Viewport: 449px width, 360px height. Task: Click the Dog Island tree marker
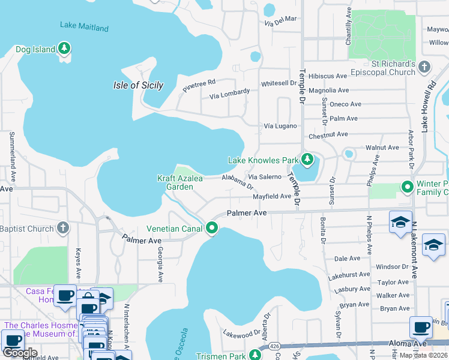[64, 49]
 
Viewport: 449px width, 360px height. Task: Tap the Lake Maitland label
[84, 27]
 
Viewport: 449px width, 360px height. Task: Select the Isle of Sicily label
[138, 85]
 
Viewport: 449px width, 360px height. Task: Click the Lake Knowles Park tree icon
[307, 160]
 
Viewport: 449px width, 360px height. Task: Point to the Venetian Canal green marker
[211, 228]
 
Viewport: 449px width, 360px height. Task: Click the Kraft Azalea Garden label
[180, 182]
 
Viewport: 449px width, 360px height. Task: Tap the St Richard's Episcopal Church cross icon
[424, 66]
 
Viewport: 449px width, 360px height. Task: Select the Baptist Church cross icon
[63, 228]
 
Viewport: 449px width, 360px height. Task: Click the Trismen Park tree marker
[255, 354]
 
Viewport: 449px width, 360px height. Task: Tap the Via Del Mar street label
[281, 19]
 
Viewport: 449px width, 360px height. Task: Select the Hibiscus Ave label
[328, 76]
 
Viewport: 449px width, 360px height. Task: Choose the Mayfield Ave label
[271, 196]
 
